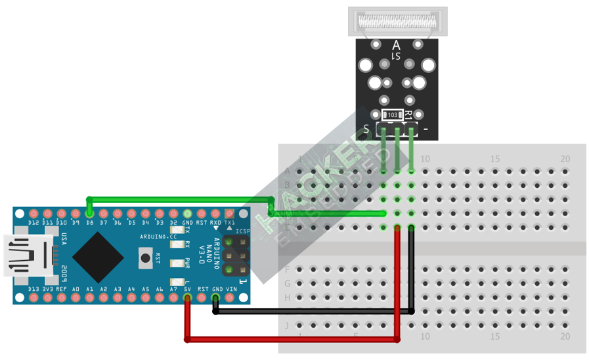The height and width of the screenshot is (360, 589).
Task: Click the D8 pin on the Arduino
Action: [89, 214]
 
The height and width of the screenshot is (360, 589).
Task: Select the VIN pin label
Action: [231, 289]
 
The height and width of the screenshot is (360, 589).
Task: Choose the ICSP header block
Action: [235, 256]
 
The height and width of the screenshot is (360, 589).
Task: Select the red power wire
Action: [292, 340]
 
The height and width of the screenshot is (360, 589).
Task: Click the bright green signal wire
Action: [177, 198]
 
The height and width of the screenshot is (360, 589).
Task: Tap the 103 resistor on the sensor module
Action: [392, 115]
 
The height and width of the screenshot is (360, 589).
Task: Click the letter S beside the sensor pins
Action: [366, 129]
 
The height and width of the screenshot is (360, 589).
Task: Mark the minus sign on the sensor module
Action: [426, 129]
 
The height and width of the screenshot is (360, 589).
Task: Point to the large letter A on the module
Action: [396, 45]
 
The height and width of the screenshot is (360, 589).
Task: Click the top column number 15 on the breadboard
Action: [495, 159]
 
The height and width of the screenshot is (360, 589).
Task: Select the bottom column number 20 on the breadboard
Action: [565, 336]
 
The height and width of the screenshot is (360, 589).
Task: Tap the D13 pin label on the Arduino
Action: [33, 289]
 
